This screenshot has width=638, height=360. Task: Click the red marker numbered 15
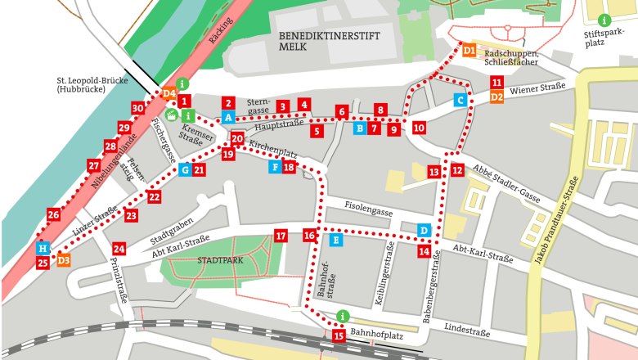(339, 335)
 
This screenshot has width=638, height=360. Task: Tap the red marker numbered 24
(119, 249)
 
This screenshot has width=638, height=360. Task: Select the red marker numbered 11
(496, 83)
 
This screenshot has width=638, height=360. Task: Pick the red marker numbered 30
(137, 109)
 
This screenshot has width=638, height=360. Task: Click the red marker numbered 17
(281, 236)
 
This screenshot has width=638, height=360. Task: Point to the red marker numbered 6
(341, 111)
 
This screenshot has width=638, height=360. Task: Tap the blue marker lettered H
(43, 248)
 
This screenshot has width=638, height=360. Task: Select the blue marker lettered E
(335, 240)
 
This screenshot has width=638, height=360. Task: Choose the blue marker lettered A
(229, 119)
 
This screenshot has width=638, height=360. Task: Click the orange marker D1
(469, 51)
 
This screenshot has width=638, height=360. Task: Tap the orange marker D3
(63, 260)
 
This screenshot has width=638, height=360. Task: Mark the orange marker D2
(496, 97)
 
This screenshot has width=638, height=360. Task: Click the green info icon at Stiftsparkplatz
(604, 20)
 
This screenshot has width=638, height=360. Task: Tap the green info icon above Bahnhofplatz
(344, 317)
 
